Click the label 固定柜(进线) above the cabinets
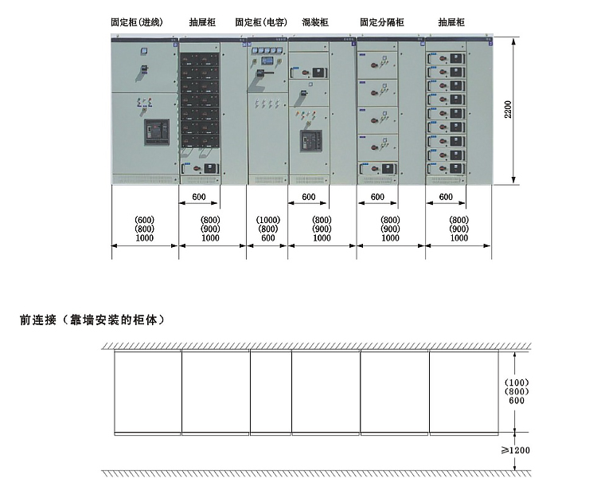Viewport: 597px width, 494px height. click(137, 22)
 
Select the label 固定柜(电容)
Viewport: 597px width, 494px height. click(261, 22)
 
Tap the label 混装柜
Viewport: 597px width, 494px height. click(315, 22)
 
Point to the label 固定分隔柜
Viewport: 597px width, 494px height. click(382, 22)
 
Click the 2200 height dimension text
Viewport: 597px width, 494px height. click(508, 109)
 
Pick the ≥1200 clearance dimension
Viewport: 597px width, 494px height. click(516, 450)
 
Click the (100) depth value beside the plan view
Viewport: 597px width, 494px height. click(517, 382)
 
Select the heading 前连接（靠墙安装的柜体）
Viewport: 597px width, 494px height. click(92, 320)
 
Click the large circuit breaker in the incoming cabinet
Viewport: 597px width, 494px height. click(157, 132)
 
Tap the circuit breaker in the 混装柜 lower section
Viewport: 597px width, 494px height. click(310, 141)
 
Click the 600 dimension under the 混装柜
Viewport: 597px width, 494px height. click(308, 197)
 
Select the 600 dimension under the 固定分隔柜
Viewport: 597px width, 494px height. click(377, 197)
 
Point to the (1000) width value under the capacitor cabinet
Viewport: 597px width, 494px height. click(268, 220)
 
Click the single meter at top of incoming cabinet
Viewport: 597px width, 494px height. click(144, 51)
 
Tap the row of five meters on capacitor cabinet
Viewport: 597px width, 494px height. click(267, 50)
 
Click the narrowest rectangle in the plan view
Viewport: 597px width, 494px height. click(271, 393)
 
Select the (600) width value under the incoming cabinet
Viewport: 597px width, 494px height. click(144, 220)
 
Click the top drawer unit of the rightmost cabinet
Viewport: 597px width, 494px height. click(447, 59)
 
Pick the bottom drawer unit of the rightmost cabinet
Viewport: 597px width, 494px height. click(447, 169)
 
